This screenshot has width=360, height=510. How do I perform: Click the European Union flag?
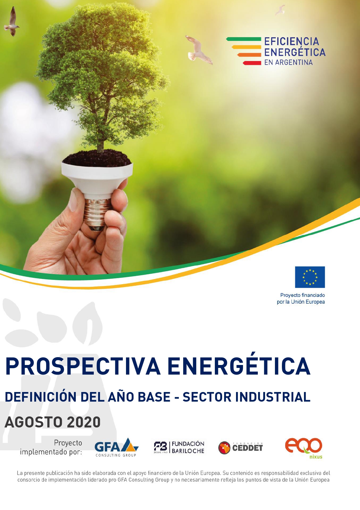(x=310, y=277)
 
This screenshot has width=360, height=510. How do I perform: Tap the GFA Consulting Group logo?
(x=116, y=448)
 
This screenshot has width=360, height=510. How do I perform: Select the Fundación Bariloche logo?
(x=179, y=447)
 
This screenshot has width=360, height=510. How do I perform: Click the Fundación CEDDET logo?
(x=241, y=448)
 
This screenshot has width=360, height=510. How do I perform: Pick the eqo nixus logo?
(x=304, y=448)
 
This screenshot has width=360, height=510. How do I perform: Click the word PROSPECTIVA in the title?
(x=83, y=366)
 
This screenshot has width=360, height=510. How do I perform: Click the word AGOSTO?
(x=34, y=422)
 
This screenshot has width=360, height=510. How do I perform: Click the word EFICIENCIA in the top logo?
(x=291, y=42)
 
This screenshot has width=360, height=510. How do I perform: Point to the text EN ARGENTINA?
(x=288, y=62)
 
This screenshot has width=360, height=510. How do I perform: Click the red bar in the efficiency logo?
(x=252, y=63)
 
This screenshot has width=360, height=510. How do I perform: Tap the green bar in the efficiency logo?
(x=244, y=39)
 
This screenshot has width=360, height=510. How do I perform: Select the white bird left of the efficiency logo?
(x=199, y=50)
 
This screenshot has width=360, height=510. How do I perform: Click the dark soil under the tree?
(x=97, y=158)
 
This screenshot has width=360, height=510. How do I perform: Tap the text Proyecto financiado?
(x=303, y=295)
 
